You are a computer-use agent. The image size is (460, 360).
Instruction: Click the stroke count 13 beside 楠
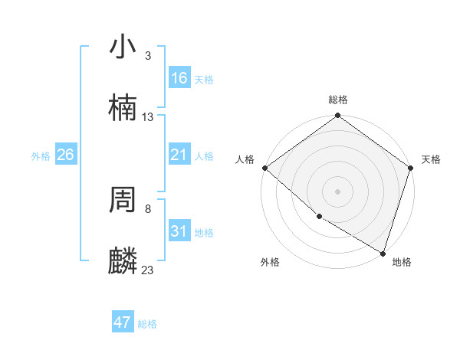pyautogui.click(x=148, y=117)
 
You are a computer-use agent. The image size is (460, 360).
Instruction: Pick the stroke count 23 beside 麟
pyautogui.click(x=148, y=270)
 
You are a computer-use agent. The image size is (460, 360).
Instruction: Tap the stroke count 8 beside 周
pyautogui.click(x=148, y=208)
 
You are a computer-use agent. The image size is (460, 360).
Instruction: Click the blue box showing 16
pyautogui.click(x=179, y=78)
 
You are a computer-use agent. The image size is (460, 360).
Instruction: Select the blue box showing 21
pyautogui.click(x=179, y=155)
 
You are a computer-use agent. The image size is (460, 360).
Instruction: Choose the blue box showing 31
pyautogui.click(x=179, y=231)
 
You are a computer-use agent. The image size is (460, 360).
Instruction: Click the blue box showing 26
pyautogui.click(x=65, y=155)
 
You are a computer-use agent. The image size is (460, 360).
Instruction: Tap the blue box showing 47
pyautogui.click(x=123, y=322)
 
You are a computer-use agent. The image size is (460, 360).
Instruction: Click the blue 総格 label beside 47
pyautogui.click(x=147, y=324)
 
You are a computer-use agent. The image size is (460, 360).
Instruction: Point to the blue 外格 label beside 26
pyautogui.click(x=41, y=156)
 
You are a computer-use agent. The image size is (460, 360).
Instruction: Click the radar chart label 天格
pyautogui.click(x=431, y=159)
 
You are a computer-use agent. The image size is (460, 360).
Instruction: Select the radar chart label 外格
pyautogui.click(x=270, y=262)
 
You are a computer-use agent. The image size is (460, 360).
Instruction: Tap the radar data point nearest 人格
pyautogui.click(x=264, y=168)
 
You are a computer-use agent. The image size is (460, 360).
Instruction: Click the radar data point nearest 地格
pyautogui.click(x=383, y=253)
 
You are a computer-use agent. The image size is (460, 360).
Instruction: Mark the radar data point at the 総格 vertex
pyautogui.click(x=337, y=116)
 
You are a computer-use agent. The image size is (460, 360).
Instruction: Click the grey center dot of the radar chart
pyautogui.click(x=337, y=191)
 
